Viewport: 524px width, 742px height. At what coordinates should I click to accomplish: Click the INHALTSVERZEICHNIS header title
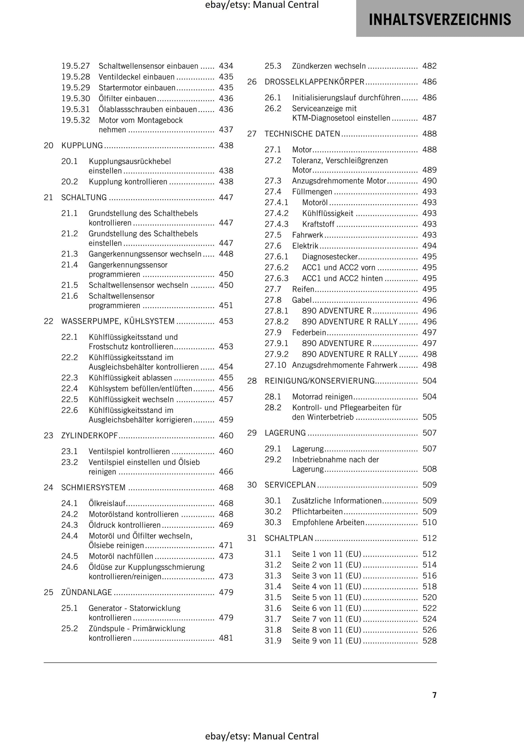[x=440, y=19]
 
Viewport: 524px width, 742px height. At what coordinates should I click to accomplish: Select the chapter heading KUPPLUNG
[x=82, y=145]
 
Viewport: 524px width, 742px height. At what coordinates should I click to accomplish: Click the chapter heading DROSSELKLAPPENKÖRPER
[x=314, y=82]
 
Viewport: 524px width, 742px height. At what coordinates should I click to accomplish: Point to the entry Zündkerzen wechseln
[x=329, y=66]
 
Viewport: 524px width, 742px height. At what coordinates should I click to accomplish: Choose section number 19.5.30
[x=76, y=99]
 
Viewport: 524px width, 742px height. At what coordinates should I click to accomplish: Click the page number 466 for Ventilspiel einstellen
[x=226, y=471]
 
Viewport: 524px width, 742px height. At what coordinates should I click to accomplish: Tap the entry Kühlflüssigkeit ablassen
[x=130, y=378]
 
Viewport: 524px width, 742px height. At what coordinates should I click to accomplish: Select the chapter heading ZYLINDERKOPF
[x=89, y=435]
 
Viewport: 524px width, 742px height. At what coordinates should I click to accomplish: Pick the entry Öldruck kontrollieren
[x=124, y=525]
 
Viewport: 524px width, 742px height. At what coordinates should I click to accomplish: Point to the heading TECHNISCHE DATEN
[x=302, y=134]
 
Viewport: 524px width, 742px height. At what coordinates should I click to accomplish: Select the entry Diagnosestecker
[x=330, y=256]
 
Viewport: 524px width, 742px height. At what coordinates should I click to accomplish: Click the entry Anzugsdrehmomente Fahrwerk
[x=344, y=365]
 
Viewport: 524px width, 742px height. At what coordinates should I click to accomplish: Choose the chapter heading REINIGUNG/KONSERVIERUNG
[x=320, y=381]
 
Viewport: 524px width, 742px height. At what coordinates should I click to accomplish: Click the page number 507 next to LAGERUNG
[x=429, y=433]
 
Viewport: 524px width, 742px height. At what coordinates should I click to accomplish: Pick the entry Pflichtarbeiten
[x=317, y=511]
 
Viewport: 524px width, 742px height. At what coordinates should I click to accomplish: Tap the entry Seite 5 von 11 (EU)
[x=326, y=597]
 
